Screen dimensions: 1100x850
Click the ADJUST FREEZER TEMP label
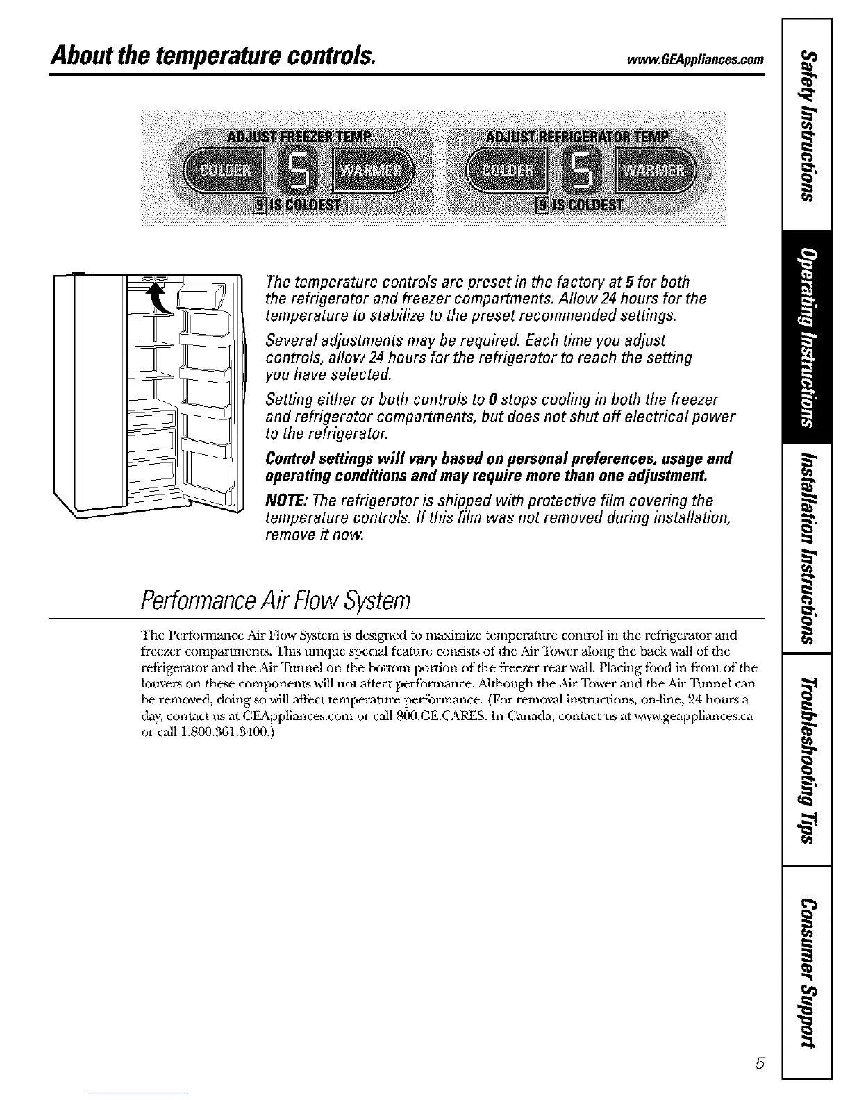pyautogui.click(x=300, y=135)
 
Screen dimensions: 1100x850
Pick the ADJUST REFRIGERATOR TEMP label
pyautogui.click(x=578, y=135)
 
